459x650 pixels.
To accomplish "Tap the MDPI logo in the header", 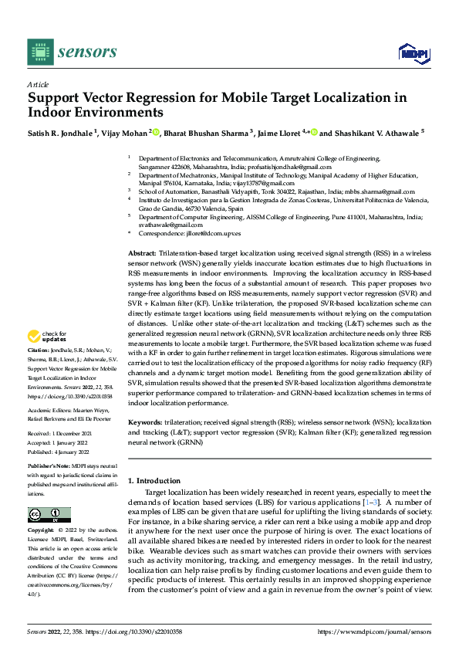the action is [x=413, y=52].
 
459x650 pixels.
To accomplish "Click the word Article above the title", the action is [x=38, y=84].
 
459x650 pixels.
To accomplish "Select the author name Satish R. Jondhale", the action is [x=59, y=132].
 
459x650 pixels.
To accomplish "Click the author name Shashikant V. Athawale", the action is [x=376, y=132].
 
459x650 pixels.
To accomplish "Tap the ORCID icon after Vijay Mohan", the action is [x=156, y=132].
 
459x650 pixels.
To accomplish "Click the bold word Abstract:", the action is [x=141, y=253].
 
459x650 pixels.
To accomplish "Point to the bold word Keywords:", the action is [x=145, y=424].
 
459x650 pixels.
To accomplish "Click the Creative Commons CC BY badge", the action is [x=49, y=514].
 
